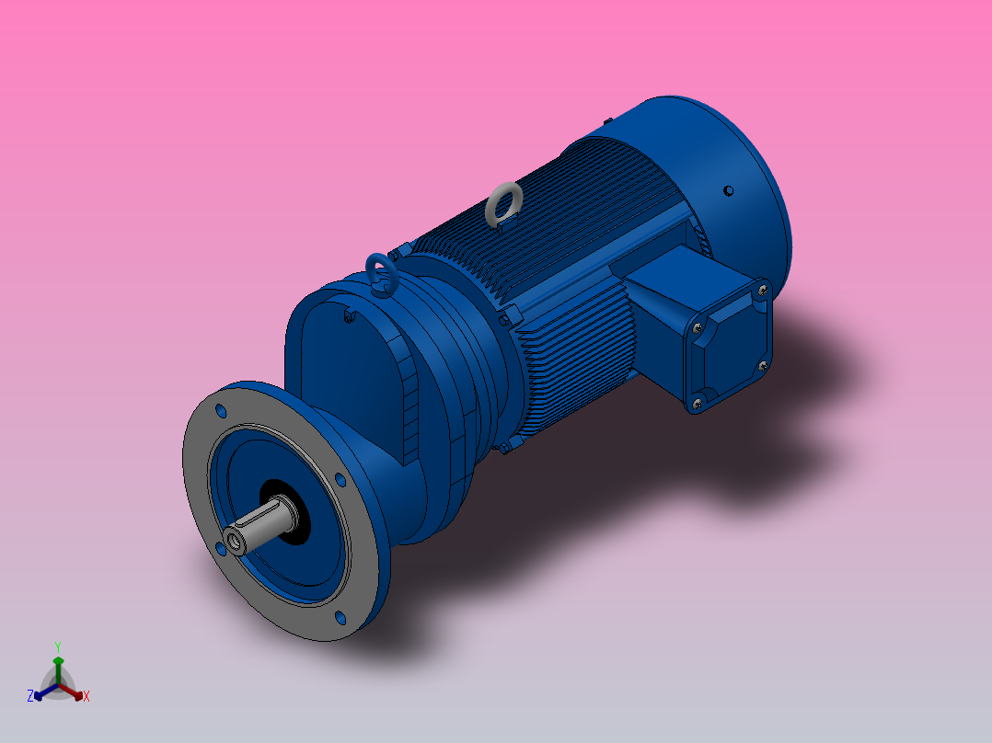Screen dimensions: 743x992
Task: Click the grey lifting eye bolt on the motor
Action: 503,203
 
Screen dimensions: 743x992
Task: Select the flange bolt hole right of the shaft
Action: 340,479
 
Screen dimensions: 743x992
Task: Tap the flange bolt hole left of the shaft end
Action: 220,549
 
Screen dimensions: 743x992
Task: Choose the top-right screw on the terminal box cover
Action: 762,291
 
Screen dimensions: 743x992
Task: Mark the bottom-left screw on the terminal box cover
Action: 698,401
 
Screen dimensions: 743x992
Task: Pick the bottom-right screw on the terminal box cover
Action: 762,365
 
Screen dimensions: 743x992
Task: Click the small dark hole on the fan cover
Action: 728,190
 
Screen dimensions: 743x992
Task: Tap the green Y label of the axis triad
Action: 57,646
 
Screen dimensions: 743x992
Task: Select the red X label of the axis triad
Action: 87,697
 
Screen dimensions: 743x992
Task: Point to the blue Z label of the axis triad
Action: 30,697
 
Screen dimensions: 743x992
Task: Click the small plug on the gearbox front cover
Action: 348,317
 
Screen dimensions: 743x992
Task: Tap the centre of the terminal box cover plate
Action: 731,346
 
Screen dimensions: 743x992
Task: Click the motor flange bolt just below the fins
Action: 503,448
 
